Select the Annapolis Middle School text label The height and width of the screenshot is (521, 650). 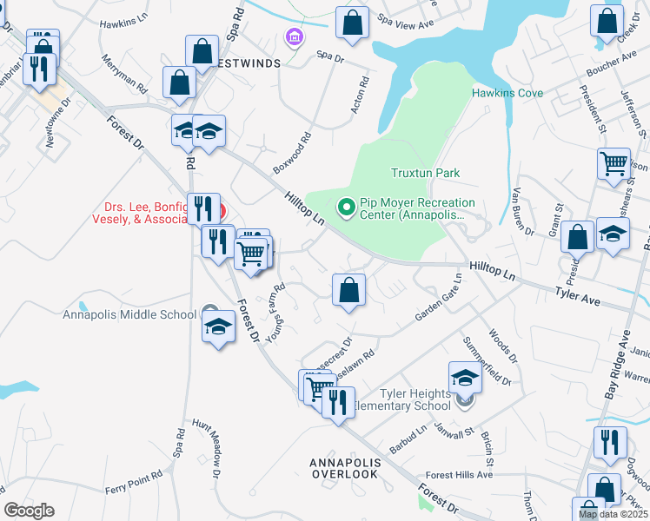[129, 314]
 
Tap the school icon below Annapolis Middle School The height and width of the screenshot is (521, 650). [218, 327]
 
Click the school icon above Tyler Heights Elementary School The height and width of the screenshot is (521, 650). [465, 377]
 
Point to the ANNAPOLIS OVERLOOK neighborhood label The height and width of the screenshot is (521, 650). [344, 468]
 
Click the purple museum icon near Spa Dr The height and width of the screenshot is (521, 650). [294, 37]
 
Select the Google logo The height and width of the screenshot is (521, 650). [30, 511]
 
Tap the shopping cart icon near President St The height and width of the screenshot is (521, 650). [614, 162]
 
